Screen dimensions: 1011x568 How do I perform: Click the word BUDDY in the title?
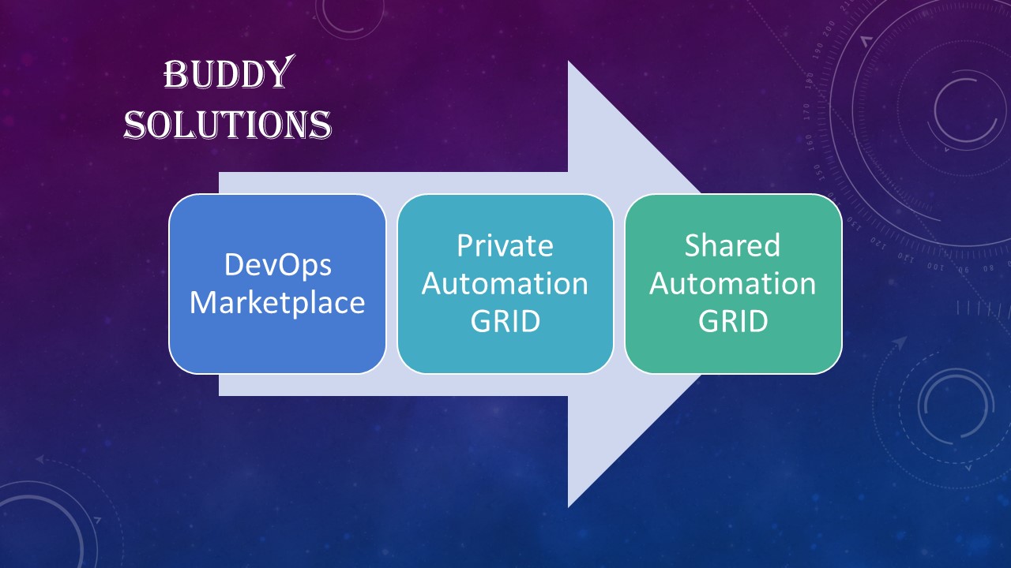[x=229, y=73]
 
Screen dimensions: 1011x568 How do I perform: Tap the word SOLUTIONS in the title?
[x=228, y=124]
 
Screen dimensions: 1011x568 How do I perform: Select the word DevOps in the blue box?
[x=277, y=266]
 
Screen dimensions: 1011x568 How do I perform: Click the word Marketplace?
[x=277, y=302]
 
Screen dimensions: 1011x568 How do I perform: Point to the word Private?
[x=505, y=245]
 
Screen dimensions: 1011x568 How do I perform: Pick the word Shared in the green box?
[x=732, y=245]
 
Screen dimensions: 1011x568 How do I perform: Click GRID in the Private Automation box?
[x=505, y=321]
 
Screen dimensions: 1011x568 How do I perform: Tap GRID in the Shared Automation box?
[x=733, y=321]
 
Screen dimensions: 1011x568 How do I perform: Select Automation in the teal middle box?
[x=505, y=283]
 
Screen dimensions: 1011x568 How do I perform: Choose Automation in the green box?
[x=732, y=283]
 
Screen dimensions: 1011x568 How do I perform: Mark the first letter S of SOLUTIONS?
[x=134, y=125]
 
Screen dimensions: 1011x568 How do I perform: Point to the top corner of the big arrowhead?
[x=568, y=62]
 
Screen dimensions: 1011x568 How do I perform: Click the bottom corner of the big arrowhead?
[x=568, y=507]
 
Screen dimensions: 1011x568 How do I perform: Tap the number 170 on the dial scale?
[x=806, y=111]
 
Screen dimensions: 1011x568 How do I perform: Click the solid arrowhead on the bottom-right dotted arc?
[x=900, y=343]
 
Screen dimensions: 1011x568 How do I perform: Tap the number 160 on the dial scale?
[x=810, y=143]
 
